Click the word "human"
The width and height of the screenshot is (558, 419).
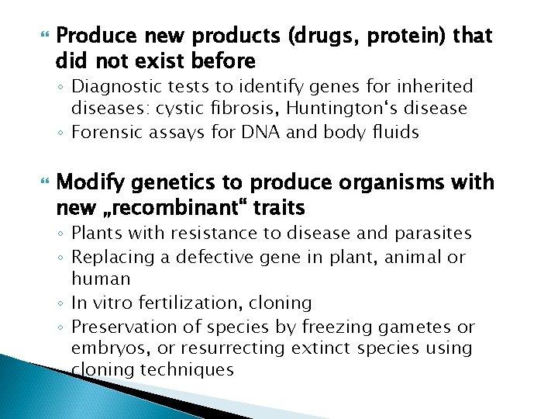click(101, 278)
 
